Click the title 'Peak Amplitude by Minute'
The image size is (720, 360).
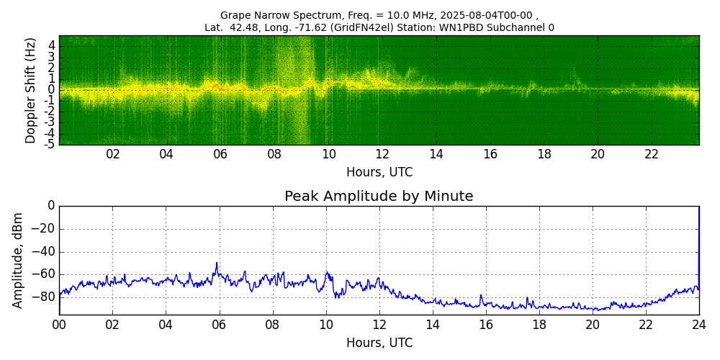[x=379, y=196]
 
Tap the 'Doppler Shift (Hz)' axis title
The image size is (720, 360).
[x=30, y=90]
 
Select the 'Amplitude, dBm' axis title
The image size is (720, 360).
[x=18, y=260]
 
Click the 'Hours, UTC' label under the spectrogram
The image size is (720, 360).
[x=379, y=172]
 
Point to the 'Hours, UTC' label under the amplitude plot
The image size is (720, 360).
[x=379, y=343]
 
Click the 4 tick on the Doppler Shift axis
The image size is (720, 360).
[x=52, y=45]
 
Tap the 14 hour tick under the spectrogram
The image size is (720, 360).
[x=436, y=155]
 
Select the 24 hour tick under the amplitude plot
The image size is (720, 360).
[x=699, y=325]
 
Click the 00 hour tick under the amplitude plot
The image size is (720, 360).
[x=59, y=325]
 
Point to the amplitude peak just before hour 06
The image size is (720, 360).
[x=217, y=264]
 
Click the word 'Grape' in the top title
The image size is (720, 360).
[x=235, y=15]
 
